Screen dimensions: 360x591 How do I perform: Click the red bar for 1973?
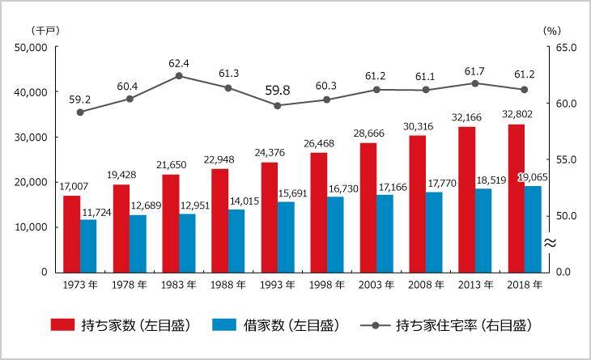coord(72,234)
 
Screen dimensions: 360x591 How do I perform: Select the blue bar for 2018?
coord(532,229)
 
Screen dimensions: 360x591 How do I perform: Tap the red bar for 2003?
coord(368,207)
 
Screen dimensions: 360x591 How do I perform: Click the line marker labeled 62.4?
coord(179,76)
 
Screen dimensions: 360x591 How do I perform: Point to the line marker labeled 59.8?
coord(278,105)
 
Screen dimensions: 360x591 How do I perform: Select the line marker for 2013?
coord(475,83)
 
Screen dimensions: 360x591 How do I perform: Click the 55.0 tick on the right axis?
coord(564,160)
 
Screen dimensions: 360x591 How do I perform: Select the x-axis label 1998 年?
coord(327,285)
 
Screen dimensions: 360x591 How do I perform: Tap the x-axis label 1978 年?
coord(130,285)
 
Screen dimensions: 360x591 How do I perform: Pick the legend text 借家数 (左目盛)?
coord(291,325)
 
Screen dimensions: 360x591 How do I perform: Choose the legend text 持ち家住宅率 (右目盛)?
coord(463,325)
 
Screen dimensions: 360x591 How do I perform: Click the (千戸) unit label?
coord(42,30)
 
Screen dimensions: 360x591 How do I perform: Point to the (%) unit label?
coord(552,30)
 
